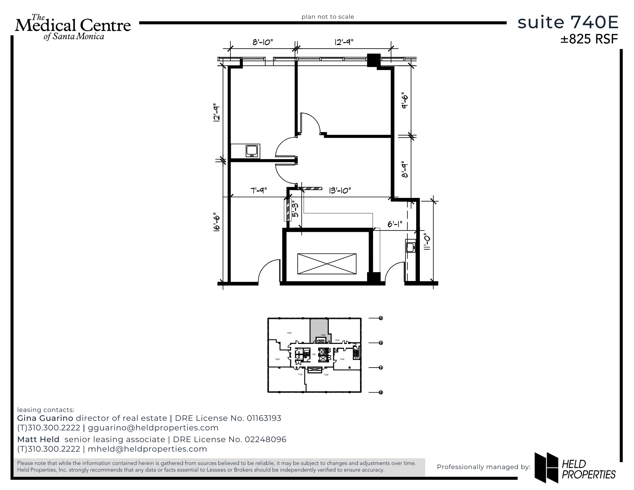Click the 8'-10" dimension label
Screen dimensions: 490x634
pos(262,42)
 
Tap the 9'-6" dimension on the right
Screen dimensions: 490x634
pos(404,101)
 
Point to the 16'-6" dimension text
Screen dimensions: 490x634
pos(217,222)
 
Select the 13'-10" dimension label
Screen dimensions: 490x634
pos(340,191)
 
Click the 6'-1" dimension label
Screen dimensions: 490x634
pos(395,224)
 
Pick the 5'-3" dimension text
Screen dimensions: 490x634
pos(295,209)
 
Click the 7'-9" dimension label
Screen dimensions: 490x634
pos(259,191)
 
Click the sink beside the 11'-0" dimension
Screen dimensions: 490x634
pos(411,247)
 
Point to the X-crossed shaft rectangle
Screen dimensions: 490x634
pos(327,264)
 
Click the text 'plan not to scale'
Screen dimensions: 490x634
pos(327,17)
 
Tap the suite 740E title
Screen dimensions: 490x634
pos(568,23)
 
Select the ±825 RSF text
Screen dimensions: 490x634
pos(589,39)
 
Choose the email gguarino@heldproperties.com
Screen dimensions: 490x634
pos(153,428)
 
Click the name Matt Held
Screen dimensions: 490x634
pos(38,440)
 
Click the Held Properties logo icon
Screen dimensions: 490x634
pos(546,467)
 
